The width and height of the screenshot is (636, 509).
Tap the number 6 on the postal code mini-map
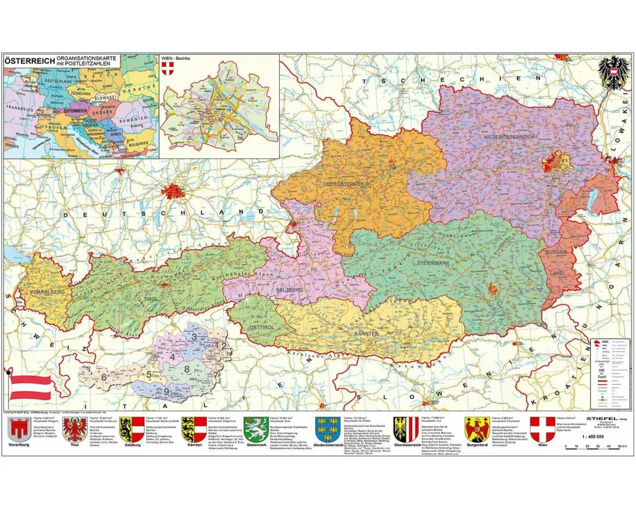pos(103,377)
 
